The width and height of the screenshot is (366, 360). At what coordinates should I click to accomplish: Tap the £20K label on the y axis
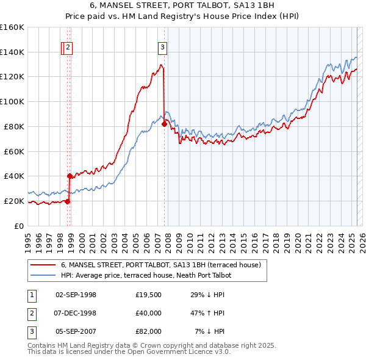click(x=13, y=201)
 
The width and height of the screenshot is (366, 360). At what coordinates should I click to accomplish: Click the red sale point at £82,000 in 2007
click(x=164, y=124)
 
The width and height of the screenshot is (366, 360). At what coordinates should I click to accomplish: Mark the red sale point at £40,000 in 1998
click(x=70, y=176)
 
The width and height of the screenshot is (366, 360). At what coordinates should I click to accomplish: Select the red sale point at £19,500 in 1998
click(x=67, y=201)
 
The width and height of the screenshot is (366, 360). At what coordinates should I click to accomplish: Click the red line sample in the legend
click(x=43, y=265)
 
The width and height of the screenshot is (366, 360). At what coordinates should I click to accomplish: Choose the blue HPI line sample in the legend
click(x=43, y=275)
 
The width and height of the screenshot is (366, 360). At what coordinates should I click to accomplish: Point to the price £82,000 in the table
click(x=149, y=331)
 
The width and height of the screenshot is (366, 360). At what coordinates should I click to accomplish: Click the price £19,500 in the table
click(x=149, y=295)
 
